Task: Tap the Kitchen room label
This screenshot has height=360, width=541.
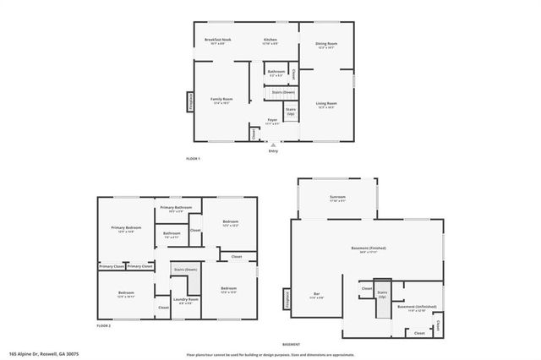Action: click(270, 41)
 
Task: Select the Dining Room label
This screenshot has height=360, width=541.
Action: click(326, 44)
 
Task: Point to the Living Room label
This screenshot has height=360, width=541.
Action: click(326, 105)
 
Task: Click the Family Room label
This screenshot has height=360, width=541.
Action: click(221, 100)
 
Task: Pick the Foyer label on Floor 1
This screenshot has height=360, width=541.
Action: click(272, 120)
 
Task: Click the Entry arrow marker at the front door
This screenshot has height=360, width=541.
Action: click(272, 145)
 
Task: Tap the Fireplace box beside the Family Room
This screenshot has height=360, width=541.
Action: click(190, 101)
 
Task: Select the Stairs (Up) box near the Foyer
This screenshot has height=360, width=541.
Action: click(290, 112)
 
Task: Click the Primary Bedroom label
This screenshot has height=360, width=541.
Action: click(127, 229)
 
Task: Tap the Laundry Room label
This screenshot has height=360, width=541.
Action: click(185, 301)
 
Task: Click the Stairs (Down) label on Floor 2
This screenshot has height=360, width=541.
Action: click(185, 270)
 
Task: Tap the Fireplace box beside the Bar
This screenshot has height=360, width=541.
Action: click(286, 300)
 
